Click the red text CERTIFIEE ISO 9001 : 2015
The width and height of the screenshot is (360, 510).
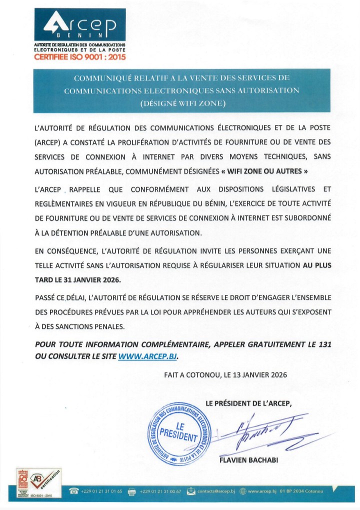pyautogui.click(x=79, y=57)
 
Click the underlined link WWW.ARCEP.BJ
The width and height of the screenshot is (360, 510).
pyautogui.click(x=147, y=356)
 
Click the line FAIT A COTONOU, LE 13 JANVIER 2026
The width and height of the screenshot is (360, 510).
pyautogui.click(x=225, y=374)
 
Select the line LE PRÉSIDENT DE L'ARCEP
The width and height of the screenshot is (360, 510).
pyautogui.click(x=248, y=403)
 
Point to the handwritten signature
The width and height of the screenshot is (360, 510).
pyautogui.click(x=265, y=432)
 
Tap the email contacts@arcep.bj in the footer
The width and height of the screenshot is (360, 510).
pyautogui.click(x=215, y=491)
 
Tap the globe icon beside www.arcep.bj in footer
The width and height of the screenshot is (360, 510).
pyautogui.click(x=243, y=491)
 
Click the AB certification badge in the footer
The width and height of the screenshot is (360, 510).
pyautogui.click(x=46, y=481)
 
